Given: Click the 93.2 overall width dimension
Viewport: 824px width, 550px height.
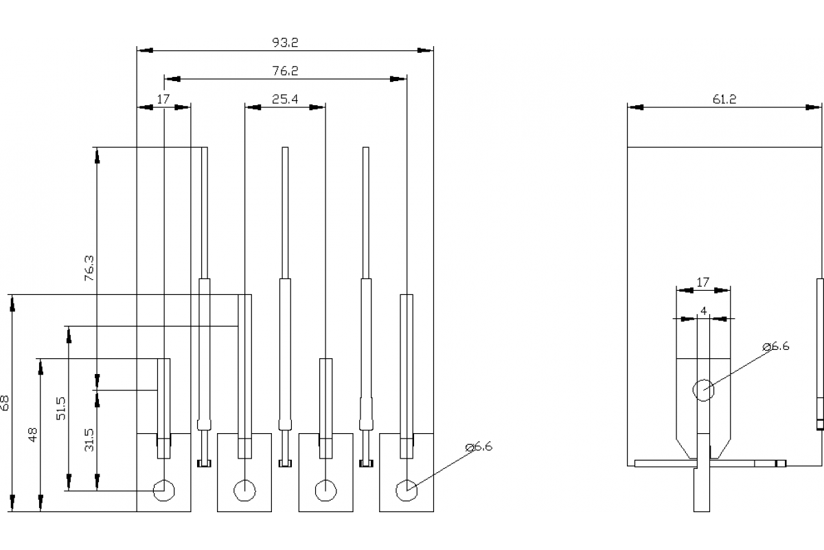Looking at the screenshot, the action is (285, 43).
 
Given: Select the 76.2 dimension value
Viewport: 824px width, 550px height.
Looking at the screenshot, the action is (285, 71).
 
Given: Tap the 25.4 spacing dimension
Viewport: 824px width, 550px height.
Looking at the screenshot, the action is (285, 99).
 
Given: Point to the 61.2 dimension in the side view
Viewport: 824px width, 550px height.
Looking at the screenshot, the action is (724, 99).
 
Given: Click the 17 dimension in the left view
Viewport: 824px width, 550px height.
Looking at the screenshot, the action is (163, 99).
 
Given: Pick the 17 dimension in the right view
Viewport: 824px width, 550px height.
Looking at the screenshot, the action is (702, 282).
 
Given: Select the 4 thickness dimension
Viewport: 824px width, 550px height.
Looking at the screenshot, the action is (703, 311).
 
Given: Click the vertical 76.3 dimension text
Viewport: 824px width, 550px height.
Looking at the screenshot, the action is (89, 268).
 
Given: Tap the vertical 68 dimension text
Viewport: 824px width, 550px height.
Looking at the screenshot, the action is (4, 403).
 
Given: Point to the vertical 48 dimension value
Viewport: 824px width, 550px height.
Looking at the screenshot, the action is (33, 434).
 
